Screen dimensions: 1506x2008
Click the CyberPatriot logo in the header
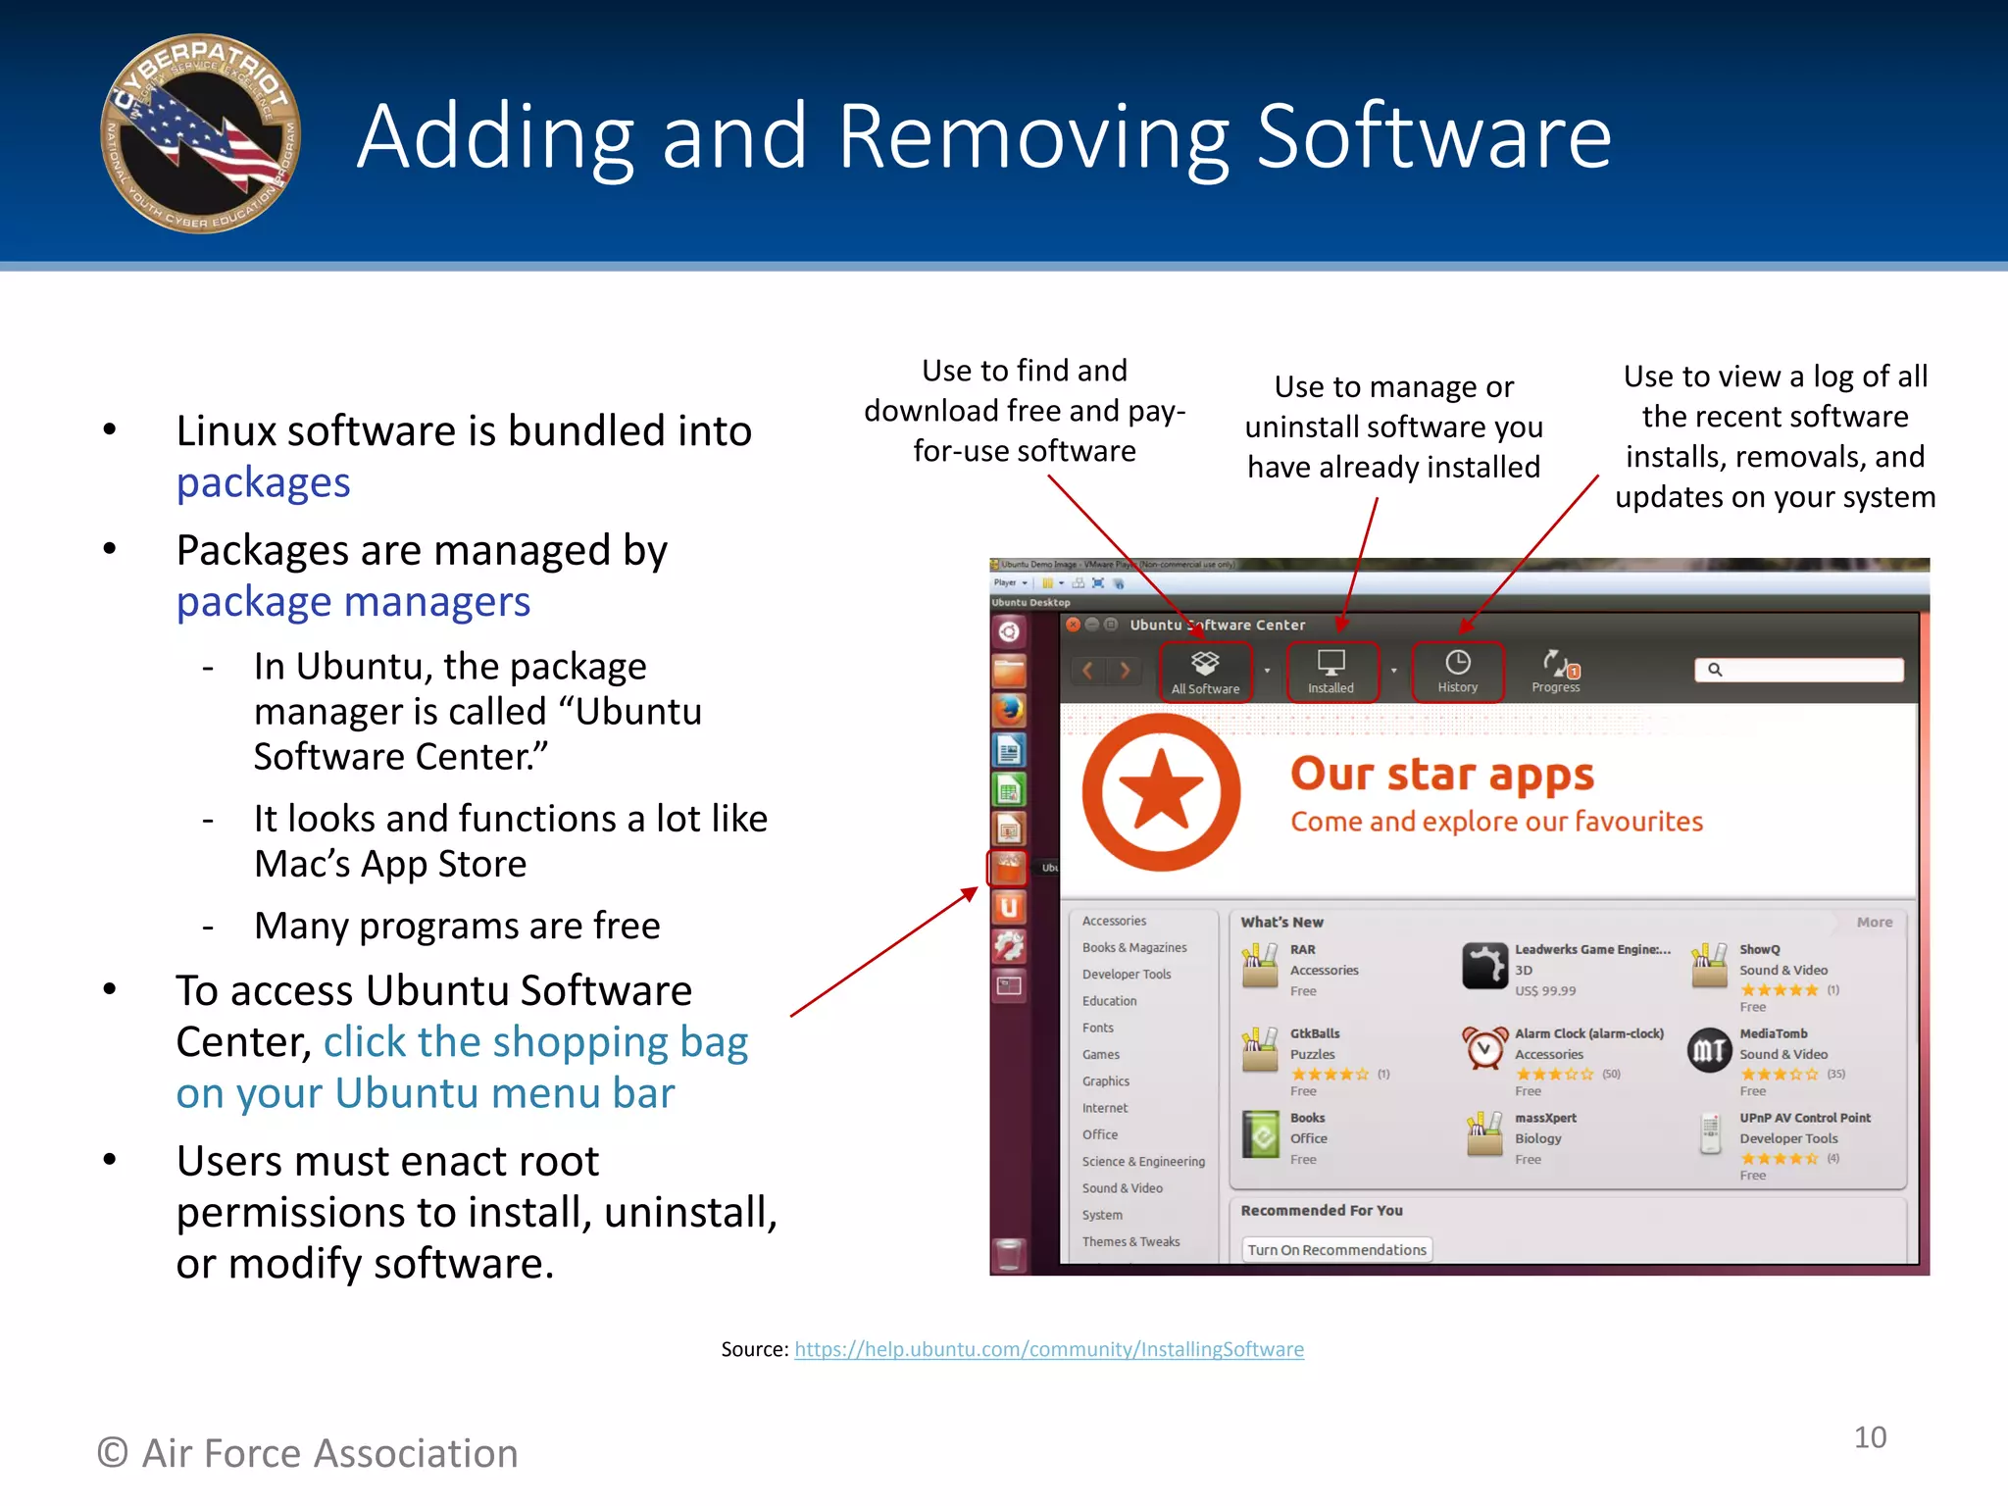point(201,134)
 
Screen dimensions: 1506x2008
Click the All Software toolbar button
point(1205,672)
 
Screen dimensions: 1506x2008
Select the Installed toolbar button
point(1330,672)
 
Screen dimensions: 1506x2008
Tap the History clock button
point(1457,672)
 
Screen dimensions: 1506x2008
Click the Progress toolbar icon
point(1556,672)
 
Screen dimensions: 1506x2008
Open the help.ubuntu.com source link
point(1048,1349)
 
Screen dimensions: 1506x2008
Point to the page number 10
point(1870,1437)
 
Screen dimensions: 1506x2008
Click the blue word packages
point(263,482)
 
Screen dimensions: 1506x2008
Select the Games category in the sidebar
point(1101,1054)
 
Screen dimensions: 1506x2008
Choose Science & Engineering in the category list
point(1143,1161)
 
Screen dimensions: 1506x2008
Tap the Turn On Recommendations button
point(1336,1250)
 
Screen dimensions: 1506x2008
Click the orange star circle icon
point(1161,792)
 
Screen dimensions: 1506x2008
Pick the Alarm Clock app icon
point(1484,1048)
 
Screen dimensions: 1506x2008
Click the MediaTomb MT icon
point(1709,1050)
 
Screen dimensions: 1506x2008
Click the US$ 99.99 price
point(1545,990)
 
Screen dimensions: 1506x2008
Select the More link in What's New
point(1874,922)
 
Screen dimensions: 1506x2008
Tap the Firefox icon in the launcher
point(1009,710)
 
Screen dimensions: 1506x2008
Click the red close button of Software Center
point(1074,625)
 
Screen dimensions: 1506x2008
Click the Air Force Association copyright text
point(308,1453)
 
